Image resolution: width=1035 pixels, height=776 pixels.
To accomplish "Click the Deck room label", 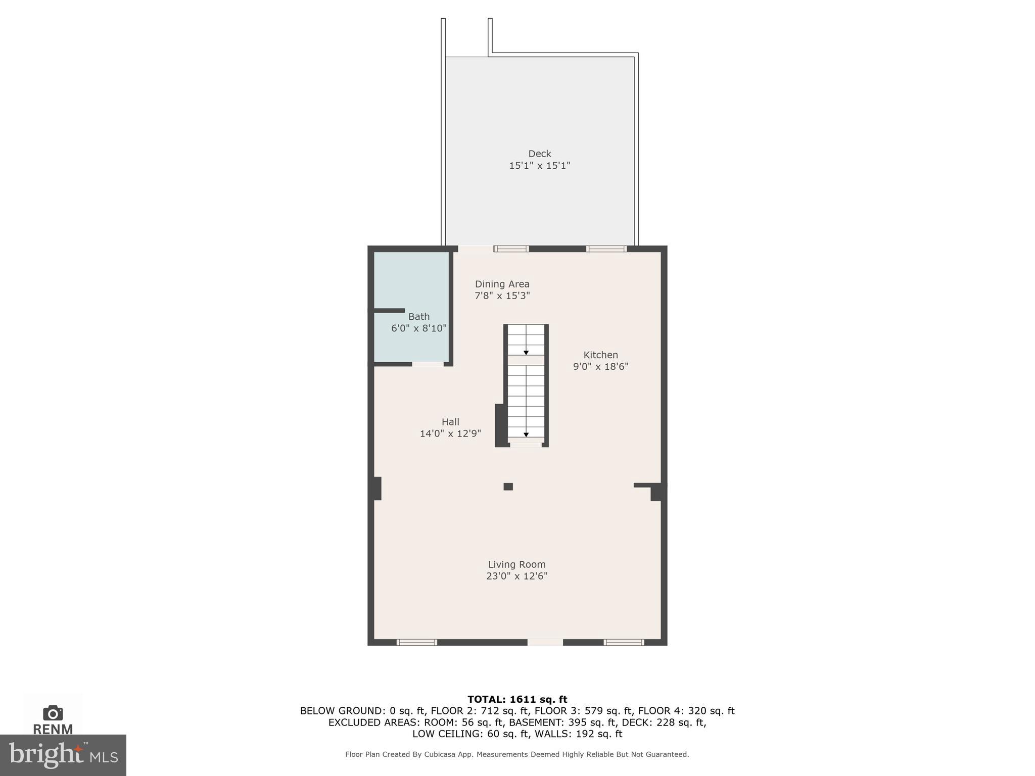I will (x=539, y=154).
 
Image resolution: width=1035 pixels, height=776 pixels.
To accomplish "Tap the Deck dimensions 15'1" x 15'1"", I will (x=539, y=166).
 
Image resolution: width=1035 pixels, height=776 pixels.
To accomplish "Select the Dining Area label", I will (x=502, y=284).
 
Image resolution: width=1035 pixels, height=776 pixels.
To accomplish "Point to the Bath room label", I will (x=419, y=317).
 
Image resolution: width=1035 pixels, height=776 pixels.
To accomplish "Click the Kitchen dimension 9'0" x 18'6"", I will (x=600, y=367).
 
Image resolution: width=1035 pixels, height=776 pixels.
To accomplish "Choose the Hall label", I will (x=450, y=422).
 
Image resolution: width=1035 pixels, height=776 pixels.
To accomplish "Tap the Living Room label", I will (x=516, y=564).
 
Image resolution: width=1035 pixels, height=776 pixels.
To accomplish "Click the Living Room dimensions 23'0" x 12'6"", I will (x=516, y=576).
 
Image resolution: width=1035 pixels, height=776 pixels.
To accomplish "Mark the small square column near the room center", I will (x=508, y=487).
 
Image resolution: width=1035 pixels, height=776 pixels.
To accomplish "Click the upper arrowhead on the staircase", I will (x=526, y=353).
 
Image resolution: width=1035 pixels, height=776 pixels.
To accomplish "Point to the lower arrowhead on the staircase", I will (x=526, y=434).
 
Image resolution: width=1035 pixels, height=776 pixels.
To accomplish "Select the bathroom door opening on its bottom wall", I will (x=428, y=364).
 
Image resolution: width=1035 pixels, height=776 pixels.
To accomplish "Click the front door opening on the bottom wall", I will (x=545, y=642).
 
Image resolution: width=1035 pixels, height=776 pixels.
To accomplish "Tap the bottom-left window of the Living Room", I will (x=416, y=642).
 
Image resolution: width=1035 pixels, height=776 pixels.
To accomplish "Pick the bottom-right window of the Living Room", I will (x=624, y=642).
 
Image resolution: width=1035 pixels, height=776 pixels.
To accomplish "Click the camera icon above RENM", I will (x=53, y=713).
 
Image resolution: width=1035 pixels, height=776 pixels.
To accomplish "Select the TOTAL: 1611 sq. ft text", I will (x=517, y=699).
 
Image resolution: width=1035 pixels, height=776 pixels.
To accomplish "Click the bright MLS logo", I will (x=63, y=755).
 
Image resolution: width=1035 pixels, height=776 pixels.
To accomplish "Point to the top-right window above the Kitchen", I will (x=606, y=249).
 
